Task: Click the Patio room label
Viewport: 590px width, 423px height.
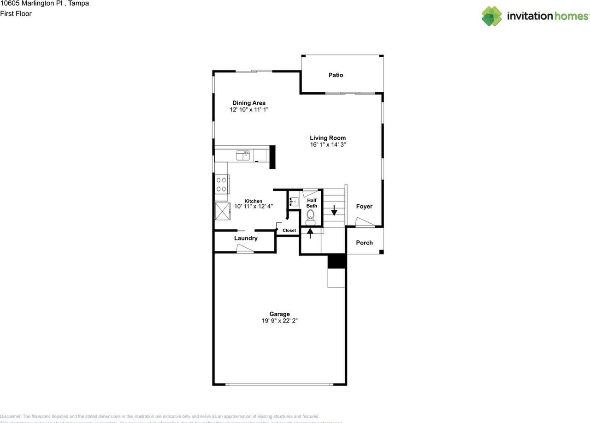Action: pyautogui.click(x=336, y=75)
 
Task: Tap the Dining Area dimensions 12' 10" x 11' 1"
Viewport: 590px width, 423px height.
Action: pyautogui.click(x=249, y=110)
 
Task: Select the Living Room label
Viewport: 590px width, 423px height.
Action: pyautogui.click(x=327, y=138)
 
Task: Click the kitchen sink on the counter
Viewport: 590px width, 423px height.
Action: pyautogui.click(x=242, y=155)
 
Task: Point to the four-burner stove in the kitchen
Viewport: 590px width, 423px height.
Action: pyautogui.click(x=221, y=184)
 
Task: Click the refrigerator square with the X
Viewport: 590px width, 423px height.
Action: pyautogui.click(x=222, y=211)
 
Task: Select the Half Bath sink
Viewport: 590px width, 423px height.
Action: pyautogui.click(x=294, y=201)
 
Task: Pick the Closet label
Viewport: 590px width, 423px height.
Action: pyautogui.click(x=289, y=231)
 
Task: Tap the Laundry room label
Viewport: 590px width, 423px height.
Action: pyautogui.click(x=246, y=238)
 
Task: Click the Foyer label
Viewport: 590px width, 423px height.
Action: pyautogui.click(x=364, y=207)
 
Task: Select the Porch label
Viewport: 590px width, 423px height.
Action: pyautogui.click(x=364, y=243)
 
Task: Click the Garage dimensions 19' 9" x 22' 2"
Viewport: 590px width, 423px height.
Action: pyautogui.click(x=279, y=321)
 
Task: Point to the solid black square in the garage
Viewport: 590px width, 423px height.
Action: pyautogui.click(x=336, y=261)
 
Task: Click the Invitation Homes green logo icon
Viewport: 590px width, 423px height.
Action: pyautogui.click(x=492, y=16)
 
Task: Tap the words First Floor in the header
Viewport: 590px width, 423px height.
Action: pyautogui.click(x=16, y=13)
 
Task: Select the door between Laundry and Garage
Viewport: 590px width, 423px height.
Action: pyautogui.click(x=245, y=249)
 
